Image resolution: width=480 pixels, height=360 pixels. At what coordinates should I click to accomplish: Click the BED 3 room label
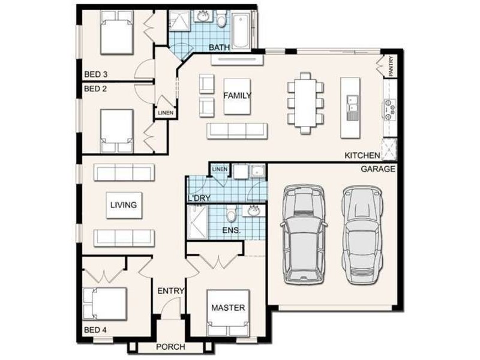pos(95,75)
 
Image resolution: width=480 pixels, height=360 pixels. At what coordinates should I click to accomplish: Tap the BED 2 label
pos(95,88)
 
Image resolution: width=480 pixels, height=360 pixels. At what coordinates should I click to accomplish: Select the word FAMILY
pos(237,96)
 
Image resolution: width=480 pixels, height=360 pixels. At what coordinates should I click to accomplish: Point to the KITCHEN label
pos(362,155)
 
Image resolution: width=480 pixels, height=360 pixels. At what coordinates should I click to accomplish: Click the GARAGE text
pos(377,169)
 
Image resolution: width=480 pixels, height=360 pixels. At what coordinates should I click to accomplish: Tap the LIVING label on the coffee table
pos(123,205)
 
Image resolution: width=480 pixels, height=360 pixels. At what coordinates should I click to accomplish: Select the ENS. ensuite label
pos(231,230)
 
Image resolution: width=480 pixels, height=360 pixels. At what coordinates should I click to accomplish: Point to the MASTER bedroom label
pos(228,308)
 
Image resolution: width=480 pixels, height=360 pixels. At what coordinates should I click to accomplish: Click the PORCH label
pos(170,347)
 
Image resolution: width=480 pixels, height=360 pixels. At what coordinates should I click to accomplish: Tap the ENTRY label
pos(170,292)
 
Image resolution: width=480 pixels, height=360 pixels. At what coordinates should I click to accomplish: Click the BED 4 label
pos(95,330)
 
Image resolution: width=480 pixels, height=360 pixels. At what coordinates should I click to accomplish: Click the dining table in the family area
pos(305,102)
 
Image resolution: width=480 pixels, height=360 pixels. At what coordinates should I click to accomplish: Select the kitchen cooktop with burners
pos(389,109)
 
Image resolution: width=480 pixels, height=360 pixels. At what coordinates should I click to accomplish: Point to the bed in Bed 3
pos(116,36)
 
